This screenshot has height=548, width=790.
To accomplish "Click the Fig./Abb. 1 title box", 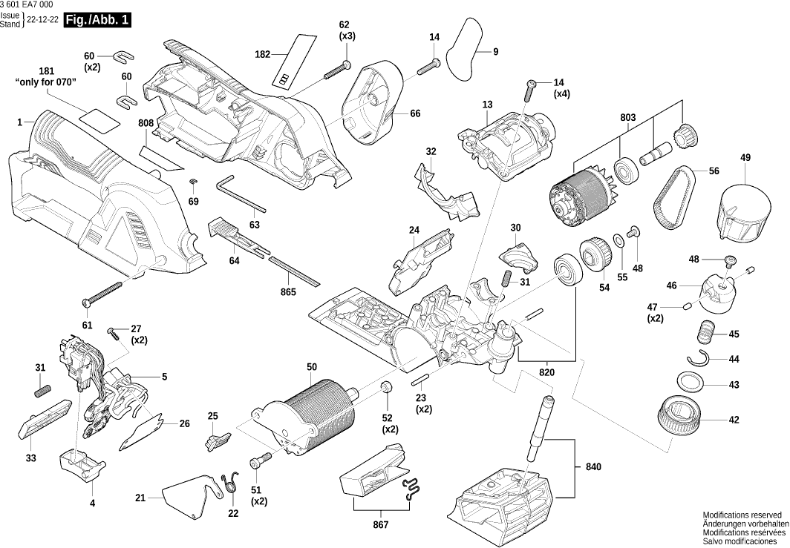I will (97, 21).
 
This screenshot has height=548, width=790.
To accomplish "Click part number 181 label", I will (46, 71).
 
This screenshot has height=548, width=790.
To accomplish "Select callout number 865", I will (288, 292).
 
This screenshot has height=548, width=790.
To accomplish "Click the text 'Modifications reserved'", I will (742, 515).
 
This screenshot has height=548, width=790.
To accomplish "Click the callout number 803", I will (628, 117).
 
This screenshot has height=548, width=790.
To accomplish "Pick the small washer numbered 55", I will (618, 242).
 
